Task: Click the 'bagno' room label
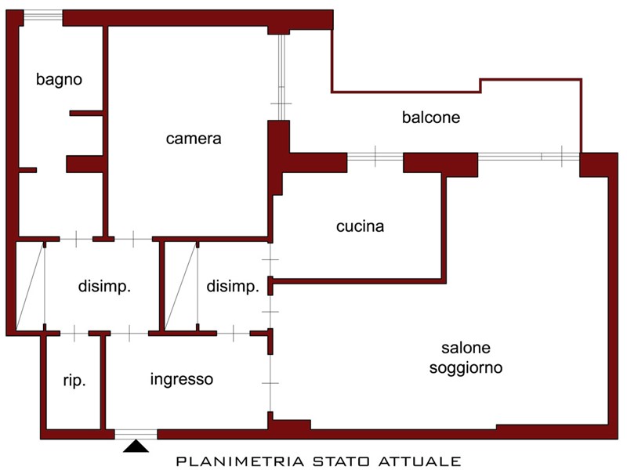[x=60, y=80]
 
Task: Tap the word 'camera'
[x=194, y=139]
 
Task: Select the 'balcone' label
[x=431, y=117]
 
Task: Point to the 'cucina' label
[x=361, y=226]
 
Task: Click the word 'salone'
[x=466, y=348]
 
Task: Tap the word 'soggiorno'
[x=466, y=367]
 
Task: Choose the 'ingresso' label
[x=182, y=379]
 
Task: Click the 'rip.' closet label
[x=74, y=381]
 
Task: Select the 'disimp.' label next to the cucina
[x=233, y=287]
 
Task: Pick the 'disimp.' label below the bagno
[x=104, y=287]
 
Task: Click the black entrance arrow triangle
[x=136, y=446]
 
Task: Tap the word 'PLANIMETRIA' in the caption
[x=240, y=461]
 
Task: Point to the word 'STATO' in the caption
[x=341, y=461]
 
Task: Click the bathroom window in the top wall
[x=43, y=16]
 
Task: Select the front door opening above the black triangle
[x=136, y=435]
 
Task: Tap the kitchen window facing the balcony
[x=375, y=157]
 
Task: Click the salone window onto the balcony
[x=528, y=157]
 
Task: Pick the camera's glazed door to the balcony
[x=281, y=77]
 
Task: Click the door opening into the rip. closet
[x=74, y=333]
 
